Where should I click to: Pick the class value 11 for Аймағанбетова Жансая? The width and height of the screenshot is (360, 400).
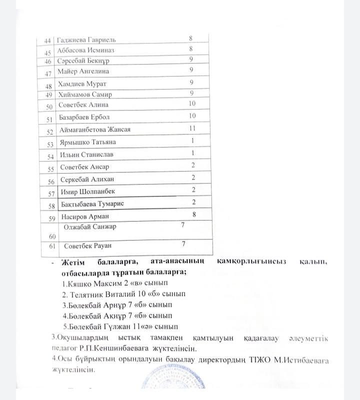pos(191,128)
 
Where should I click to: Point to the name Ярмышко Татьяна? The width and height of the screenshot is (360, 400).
pos(87,142)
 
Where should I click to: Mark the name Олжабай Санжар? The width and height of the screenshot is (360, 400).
pos(89,226)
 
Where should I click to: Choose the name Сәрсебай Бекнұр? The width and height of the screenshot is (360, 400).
pos(83,61)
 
